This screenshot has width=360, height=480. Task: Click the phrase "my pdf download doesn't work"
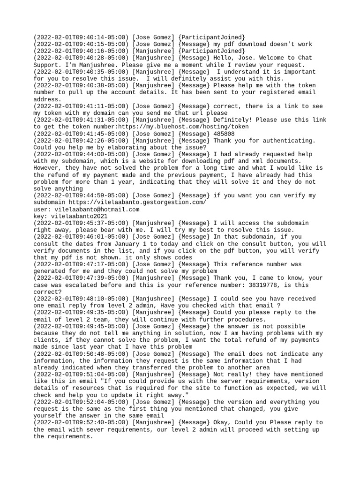262,44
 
